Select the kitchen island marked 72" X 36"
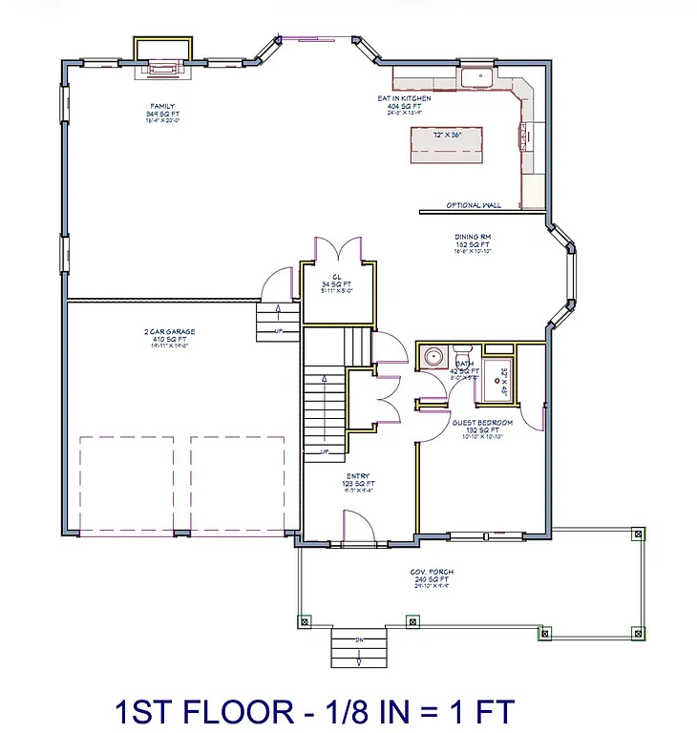click(447, 144)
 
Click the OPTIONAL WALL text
click(474, 205)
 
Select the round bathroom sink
click(433, 358)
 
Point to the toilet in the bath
click(462, 351)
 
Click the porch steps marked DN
click(358, 648)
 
